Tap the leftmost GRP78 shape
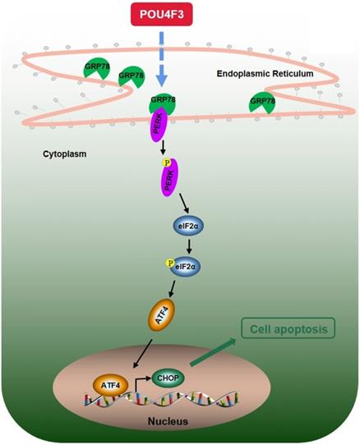[x=95, y=71]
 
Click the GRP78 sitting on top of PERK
[x=160, y=105]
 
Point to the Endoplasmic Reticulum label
[x=265, y=74]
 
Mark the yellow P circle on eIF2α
[x=173, y=264]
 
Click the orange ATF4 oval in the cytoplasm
[x=161, y=315]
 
